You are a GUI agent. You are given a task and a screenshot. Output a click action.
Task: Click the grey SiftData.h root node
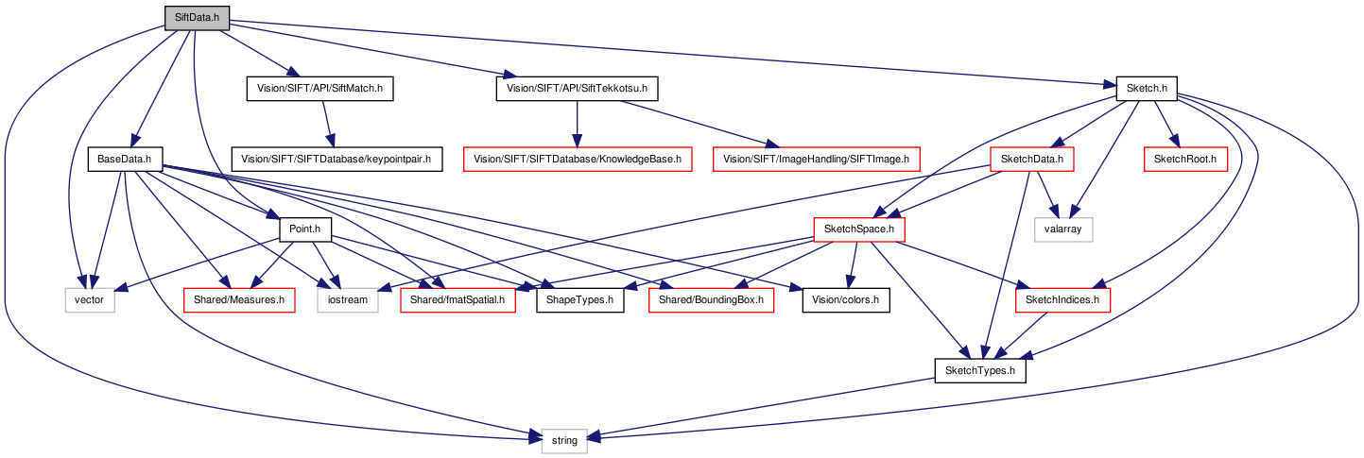(197, 18)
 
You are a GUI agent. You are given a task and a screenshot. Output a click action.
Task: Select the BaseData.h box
(125, 160)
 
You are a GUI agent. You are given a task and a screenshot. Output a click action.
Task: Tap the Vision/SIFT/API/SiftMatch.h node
(319, 89)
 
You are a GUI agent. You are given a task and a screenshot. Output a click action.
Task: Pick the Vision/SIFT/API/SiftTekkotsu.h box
(577, 89)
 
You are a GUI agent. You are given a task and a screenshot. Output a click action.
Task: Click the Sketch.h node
(1147, 89)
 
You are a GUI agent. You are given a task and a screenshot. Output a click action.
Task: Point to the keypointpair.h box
(337, 160)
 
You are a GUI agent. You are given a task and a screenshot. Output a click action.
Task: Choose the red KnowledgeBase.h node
(578, 160)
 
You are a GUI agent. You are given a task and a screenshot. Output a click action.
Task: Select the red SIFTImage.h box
(816, 160)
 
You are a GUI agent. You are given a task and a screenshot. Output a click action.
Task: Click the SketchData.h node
(1032, 160)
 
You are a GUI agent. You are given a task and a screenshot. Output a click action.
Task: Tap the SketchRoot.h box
(1185, 160)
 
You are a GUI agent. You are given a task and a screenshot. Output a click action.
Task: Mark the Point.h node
(305, 229)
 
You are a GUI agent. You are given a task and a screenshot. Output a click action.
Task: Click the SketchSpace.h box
(859, 229)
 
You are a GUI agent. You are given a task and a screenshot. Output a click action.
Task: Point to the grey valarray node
(1063, 229)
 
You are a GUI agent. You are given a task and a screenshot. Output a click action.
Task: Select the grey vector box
(90, 300)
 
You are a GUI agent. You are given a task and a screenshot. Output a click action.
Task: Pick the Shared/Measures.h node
(239, 300)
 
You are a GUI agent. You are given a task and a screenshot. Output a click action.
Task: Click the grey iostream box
(348, 300)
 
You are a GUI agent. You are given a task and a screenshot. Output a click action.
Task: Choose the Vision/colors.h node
(846, 300)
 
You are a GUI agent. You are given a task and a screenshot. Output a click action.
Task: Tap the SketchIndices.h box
(1062, 300)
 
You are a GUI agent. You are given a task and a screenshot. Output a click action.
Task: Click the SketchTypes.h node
(980, 370)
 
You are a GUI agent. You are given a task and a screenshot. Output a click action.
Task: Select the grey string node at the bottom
(564, 441)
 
